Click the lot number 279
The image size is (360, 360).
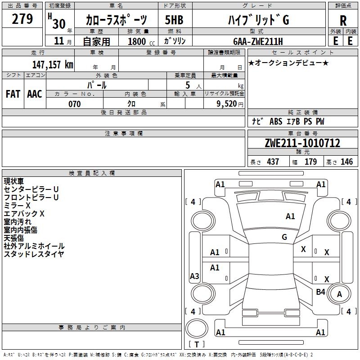tap(22, 19)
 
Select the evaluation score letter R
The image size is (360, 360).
tap(343, 21)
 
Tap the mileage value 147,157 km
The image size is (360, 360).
tap(53, 64)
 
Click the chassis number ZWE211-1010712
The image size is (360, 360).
tap(302, 143)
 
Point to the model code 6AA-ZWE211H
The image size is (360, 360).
tap(258, 41)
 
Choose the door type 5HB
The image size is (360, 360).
tap(174, 20)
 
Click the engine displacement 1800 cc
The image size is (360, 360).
tap(141, 41)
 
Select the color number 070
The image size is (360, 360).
tap(75, 104)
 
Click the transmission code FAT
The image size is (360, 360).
tap(13, 94)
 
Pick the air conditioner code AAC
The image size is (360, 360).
tap(35, 94)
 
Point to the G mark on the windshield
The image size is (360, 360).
tap(284, 237)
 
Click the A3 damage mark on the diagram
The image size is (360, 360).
tap(194, 276)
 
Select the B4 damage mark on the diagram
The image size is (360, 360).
tap(320, 292)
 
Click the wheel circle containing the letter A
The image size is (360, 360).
tap(339, 284)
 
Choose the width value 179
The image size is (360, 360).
tap(310, 162)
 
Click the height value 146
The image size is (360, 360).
tap(346, 162)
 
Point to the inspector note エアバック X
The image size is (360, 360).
tap(24, 213)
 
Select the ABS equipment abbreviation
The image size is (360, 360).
tap(276, 121)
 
